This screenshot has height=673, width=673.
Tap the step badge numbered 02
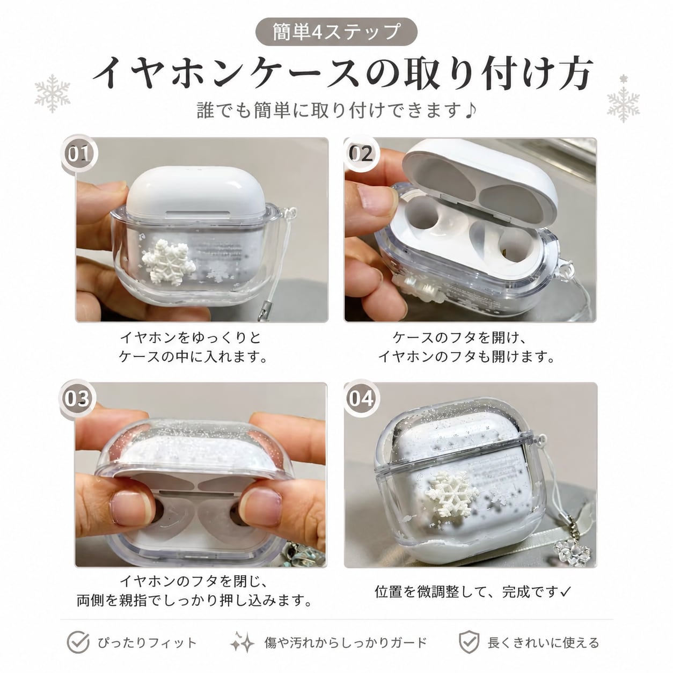[x=361, y=153]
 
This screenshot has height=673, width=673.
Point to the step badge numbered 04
[x=361, y=398]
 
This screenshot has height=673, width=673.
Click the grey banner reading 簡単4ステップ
[x=336, y=32]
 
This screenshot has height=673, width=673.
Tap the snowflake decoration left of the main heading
[x=53, y=93]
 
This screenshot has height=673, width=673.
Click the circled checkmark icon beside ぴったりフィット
[x=78, y=642]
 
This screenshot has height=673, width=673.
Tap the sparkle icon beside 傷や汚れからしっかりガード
[x=243, y=642]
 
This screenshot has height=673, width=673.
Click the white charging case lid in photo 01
[x=196, y=194]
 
